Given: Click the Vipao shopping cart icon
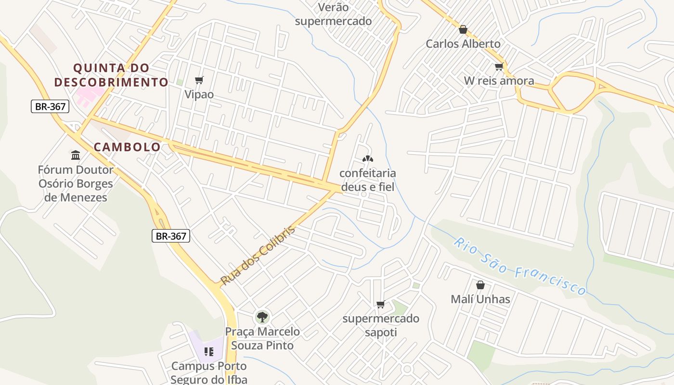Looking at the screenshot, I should coord(199,80).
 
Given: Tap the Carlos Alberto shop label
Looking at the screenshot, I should coord(463,44).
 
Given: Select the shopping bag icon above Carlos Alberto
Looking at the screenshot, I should coord(463,30).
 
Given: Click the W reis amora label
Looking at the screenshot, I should coord(499,81).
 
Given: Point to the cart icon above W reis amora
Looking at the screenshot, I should coord(499,67).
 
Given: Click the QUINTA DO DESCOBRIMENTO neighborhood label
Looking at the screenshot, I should coord(111,75).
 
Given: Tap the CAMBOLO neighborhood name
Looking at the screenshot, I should coord(127,147).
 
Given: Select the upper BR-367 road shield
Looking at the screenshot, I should coord(50,106).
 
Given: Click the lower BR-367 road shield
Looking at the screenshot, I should coord(171,236).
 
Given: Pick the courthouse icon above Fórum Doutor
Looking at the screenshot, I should coord(76,155).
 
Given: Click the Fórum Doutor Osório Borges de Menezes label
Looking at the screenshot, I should coord(76,183).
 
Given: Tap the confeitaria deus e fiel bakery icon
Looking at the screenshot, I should coord(368,158).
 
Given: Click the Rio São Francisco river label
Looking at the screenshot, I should coord(520,266).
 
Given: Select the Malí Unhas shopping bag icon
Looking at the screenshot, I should coord(480,285).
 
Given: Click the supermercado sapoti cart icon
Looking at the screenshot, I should coord(380,304).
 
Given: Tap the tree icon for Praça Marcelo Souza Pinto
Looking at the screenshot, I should coord(262,317).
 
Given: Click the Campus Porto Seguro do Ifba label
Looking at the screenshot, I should coord(209,372).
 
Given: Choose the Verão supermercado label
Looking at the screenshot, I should coord(333,14).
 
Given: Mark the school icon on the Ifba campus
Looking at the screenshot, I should coord(208,352).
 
